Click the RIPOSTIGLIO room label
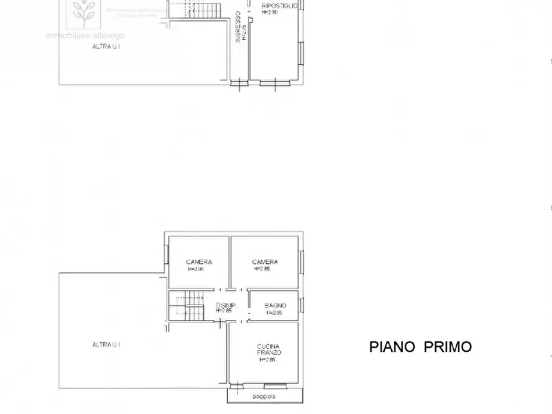tap(279, 6)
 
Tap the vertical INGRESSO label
tap(237, 28)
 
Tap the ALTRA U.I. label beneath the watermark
tap(105, 46)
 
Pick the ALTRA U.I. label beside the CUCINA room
tap(106, 344)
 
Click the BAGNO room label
tap(275, 305)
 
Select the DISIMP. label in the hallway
tap(224, 305)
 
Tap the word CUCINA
tap(269, 346)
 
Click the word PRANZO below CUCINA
tap(269, 352)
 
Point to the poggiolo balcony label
tap(264, 396)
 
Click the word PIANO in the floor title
tap(392, 347)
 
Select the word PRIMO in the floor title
tap(448, 347)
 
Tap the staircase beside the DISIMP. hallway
tap(187, 305)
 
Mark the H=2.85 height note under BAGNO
tap(274, 313)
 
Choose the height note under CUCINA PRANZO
tap(267, 360)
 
